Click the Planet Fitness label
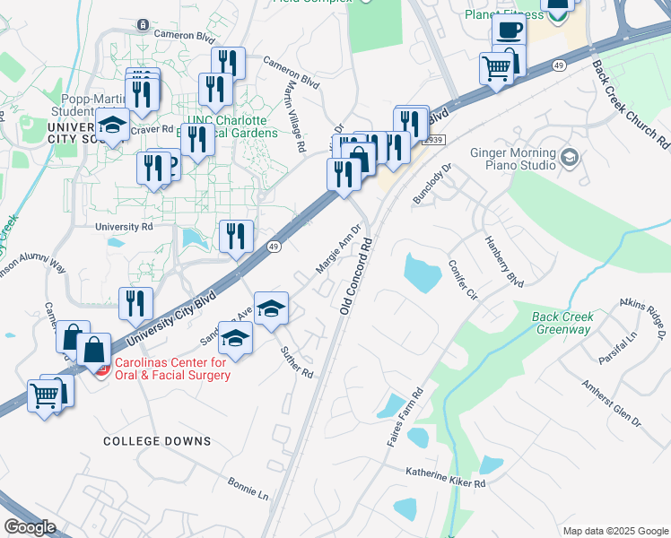tap(504, 14)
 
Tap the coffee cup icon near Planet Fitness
tap(510, 31)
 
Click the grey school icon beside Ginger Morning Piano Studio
tap(569, 159)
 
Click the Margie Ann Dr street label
tap(338, 249)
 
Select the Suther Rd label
tap(296, 361)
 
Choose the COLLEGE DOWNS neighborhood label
tap(157, 441)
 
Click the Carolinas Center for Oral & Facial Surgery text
tap(170, 369)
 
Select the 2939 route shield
tap(434, 140)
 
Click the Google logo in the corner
tap(30, 526)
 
